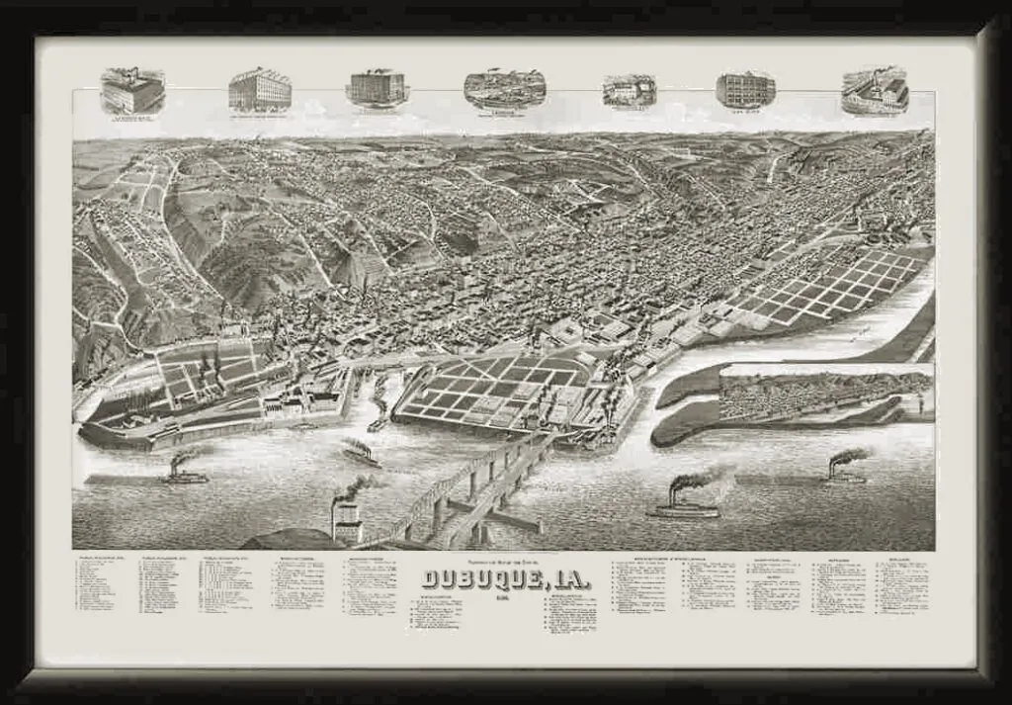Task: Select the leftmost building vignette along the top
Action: coord(132,91)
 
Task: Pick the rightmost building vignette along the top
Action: coord(876,91)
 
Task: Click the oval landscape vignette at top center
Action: coord(505,89)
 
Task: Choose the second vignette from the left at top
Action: coord(260,90)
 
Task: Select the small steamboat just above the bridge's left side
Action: coord(362,453)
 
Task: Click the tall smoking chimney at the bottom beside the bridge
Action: coord(347,519)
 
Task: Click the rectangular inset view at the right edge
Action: coord(825,393)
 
